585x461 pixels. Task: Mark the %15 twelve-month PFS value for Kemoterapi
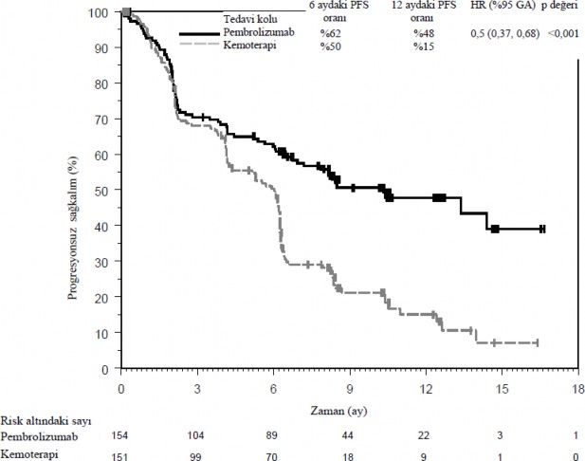tap(423, 46)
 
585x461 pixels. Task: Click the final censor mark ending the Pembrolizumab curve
tap(541, 229)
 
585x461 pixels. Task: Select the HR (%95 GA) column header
tap(503, 6)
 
